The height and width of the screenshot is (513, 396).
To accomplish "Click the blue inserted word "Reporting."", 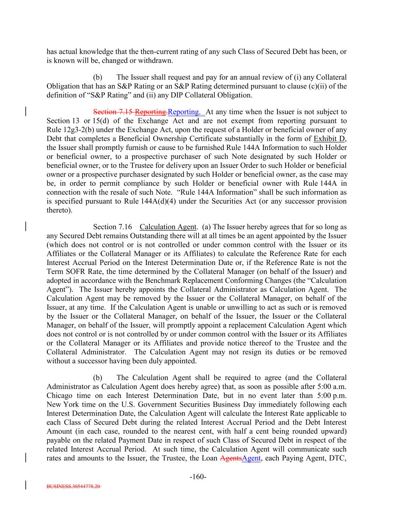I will pyautogui.click(x=184, y=112).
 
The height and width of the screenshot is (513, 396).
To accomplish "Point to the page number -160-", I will pyautogui.click(x=198, y=477).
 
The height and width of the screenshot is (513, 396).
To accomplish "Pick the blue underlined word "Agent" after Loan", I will pyautogui.click(x=251, y=458).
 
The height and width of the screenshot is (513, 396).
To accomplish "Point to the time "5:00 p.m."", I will pyautogui.click(x=332, y=396).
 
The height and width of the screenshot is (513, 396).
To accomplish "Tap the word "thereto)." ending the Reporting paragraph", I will pyautogui.click(x=59, y=210).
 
